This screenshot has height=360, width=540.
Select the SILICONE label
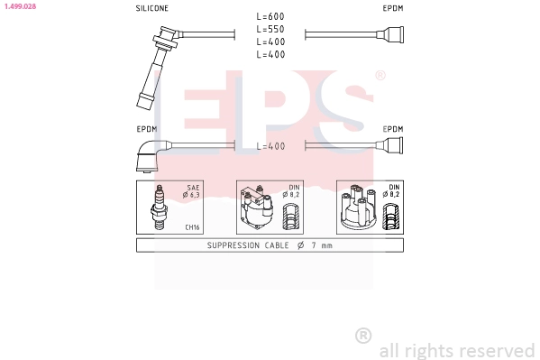pos(151,8)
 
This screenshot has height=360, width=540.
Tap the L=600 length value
pos(270,17)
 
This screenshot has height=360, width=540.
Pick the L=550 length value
pos(270,30)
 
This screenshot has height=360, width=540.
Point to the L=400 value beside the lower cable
pos(270,146)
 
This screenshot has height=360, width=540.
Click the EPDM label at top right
pos(392,8)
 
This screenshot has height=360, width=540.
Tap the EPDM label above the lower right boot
pos(392,129)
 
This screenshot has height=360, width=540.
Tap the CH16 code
pos(192,227)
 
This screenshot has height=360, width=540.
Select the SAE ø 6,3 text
pos(191,190)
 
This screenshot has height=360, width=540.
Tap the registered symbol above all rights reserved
pos(363,336)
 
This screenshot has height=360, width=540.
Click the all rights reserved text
pos(456,350)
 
